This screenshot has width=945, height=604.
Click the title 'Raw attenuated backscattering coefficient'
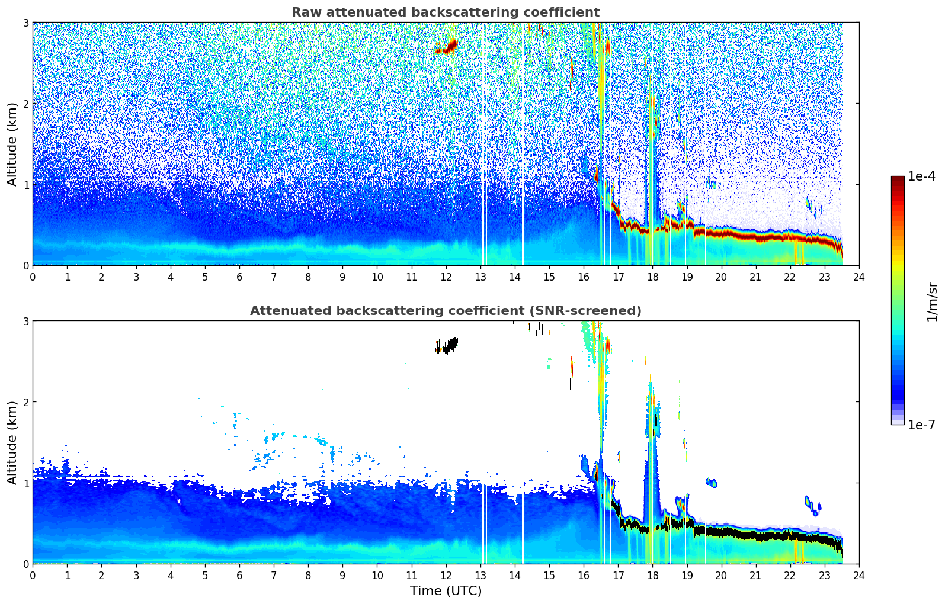pos(446,12)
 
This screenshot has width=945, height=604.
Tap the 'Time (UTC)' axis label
pos(446,590)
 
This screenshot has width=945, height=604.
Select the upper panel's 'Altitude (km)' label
pos(12,144)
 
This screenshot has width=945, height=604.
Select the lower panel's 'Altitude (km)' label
pos(12,442)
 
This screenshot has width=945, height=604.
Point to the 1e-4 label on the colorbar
pos(921,176)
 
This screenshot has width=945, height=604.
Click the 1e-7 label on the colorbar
pos(921,425)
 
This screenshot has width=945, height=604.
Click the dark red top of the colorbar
pos(898,179)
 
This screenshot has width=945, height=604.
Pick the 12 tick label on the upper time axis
pos(446,277)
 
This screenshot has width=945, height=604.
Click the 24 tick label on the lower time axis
pos(859,575)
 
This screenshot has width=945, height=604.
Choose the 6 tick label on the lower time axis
pos(239,575)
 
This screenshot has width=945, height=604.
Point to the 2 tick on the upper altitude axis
pos(26,104)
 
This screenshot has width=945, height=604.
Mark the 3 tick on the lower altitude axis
pos(26,321)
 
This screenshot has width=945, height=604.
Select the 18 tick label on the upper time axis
pos(652,277)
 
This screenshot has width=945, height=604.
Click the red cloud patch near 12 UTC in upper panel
pos(448,47)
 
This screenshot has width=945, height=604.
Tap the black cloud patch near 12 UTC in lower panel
pos(448,345)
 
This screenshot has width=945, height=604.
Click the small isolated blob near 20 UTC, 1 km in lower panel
pos(711,483)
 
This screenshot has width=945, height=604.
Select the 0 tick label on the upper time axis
pos(33,277)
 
